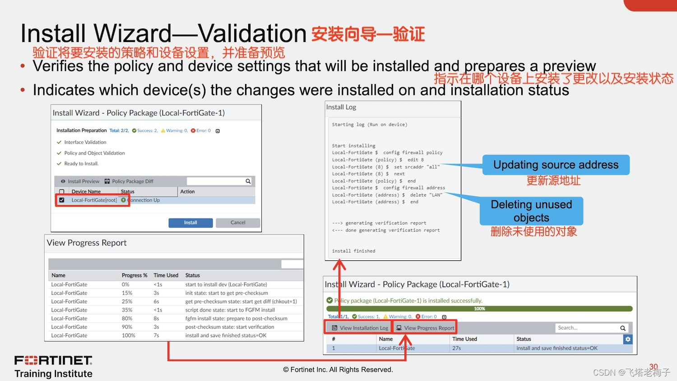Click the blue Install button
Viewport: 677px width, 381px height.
tap(190, 223)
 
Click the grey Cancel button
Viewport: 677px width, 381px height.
tap(238, 223)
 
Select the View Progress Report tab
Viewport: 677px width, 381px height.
tap(425, 328)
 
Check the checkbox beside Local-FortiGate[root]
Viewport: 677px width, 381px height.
tap(62, 200)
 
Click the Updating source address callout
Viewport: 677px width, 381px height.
tap(556, 165)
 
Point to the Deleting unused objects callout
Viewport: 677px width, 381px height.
tap(531, 211)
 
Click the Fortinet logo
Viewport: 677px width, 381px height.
tap(53, 361)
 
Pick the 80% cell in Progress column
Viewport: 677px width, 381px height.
tap(127, 319)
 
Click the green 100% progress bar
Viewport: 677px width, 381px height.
tap(479, 309)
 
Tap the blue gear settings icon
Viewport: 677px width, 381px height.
tap(628, 339)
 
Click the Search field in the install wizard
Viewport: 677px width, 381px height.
tap(587, 328)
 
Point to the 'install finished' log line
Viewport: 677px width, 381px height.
tap(353, 251)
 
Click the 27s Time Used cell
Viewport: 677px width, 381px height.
tap(457, 348)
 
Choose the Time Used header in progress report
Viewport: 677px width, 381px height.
tap(166, 275)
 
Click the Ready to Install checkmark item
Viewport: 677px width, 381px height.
tap(81, 164)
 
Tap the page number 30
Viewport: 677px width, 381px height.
tap(654, 367)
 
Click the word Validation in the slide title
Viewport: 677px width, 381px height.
tap(253, 33)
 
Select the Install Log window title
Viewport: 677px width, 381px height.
tap(341, 107)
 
